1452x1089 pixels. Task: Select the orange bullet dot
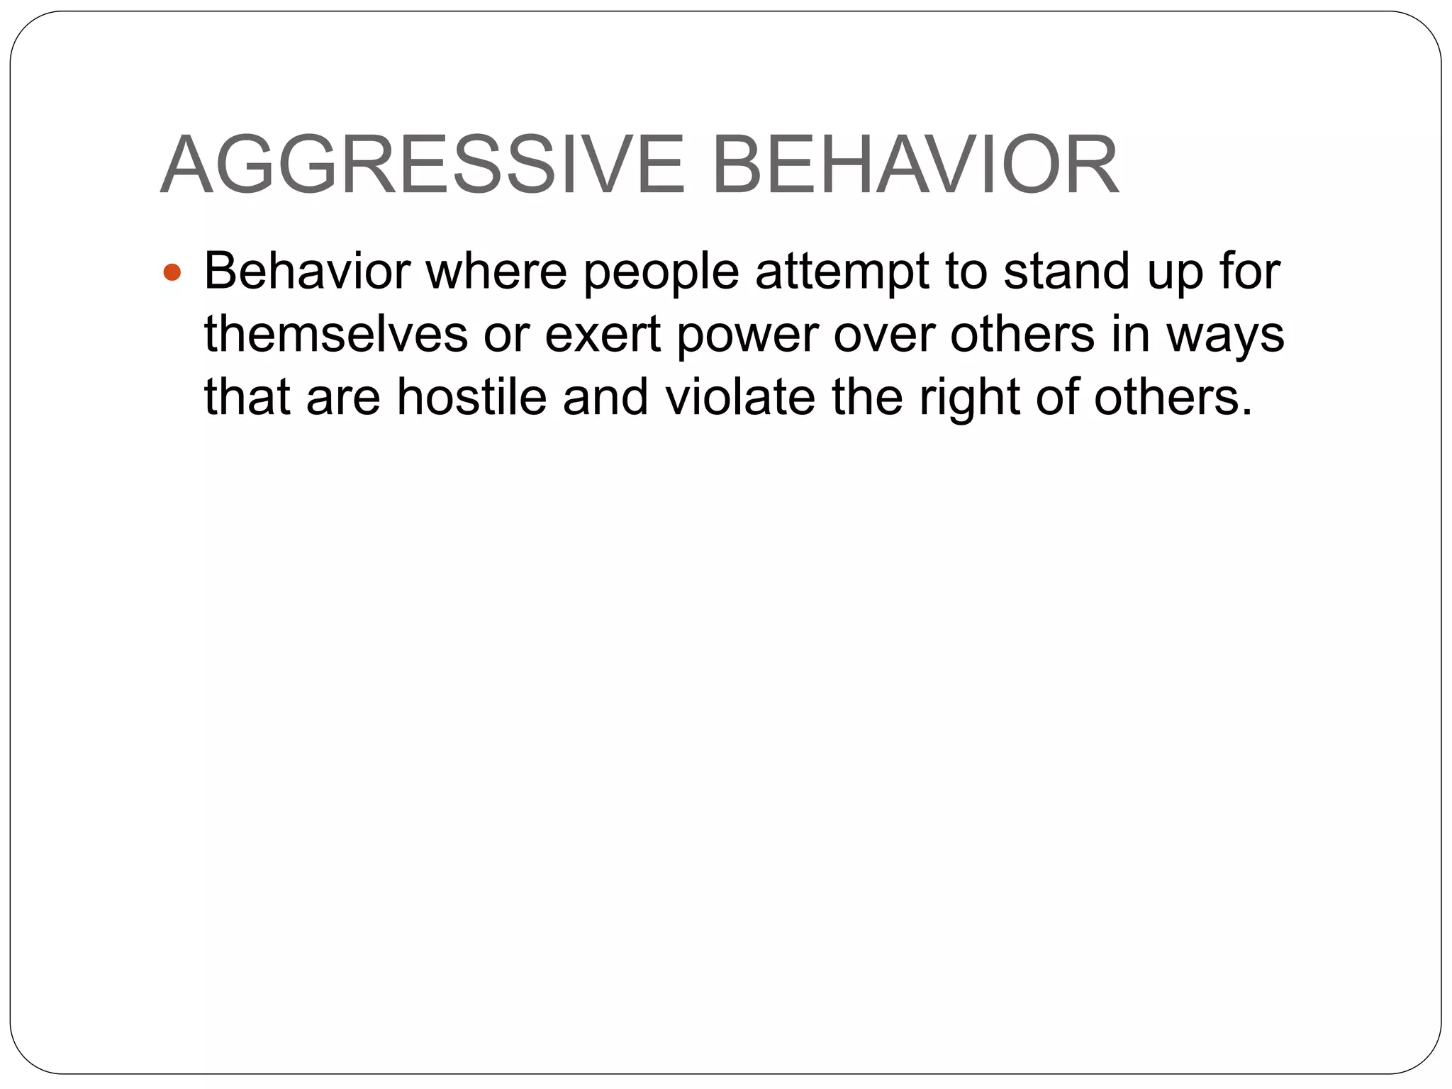coord(172,273)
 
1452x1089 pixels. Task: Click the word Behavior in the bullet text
coord(307,272)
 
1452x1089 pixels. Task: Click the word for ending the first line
coord(1249,272)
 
